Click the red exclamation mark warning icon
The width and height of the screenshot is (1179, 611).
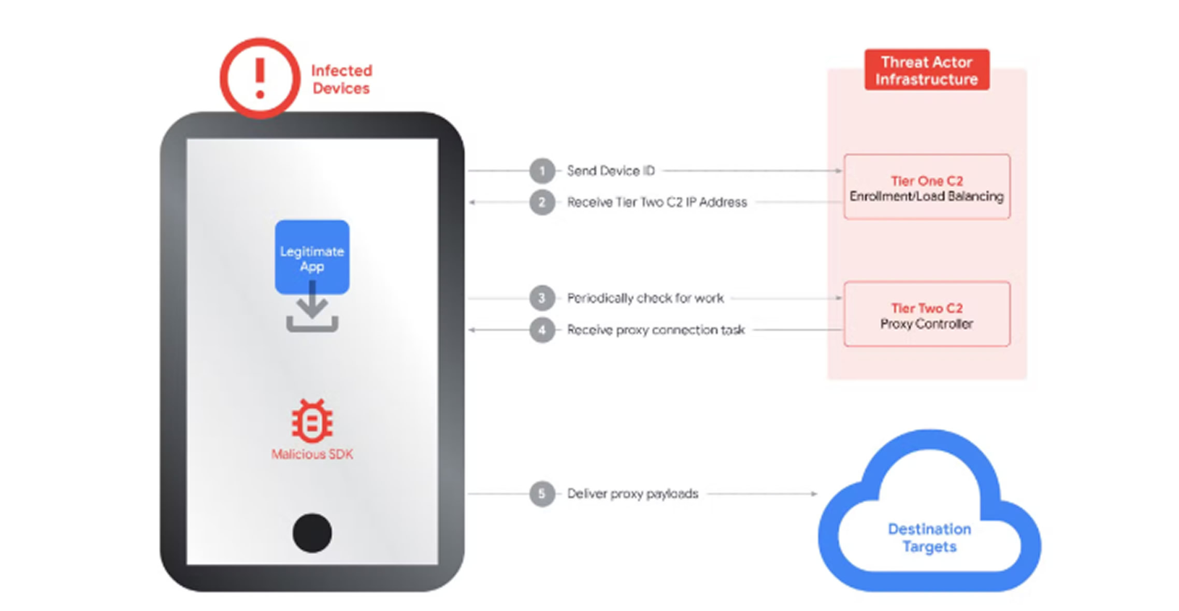tap(260, 78)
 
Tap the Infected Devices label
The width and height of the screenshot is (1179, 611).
tap(341, 79)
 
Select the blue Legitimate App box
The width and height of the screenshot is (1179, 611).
tap(312, 257)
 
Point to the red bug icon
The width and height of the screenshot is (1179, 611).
tap(312, 421)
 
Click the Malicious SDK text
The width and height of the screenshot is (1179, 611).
tap(312, 454)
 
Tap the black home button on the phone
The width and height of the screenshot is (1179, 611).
tap(312, 533)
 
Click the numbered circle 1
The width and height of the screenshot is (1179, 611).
tap(542, 171)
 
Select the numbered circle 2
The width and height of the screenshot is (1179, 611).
tap(542, 202)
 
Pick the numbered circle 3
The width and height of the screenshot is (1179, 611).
tap(542, 298)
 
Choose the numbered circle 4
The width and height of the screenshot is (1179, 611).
tap(542, 330)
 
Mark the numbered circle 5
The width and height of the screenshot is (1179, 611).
tap(542, 494)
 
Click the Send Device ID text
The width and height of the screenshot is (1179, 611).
tap(611, 171)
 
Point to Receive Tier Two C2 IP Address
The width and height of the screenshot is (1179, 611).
tap(657, 202)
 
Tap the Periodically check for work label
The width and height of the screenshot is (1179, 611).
tap(645, 298)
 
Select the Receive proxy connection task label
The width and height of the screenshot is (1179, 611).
tap(656, 330)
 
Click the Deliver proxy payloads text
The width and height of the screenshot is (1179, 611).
tap(632, 494)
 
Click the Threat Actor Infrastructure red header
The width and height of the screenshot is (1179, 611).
tap(927, 70)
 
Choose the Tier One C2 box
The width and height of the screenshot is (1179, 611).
tap(927, 187)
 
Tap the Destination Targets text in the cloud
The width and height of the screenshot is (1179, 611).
tap(929, 538)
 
